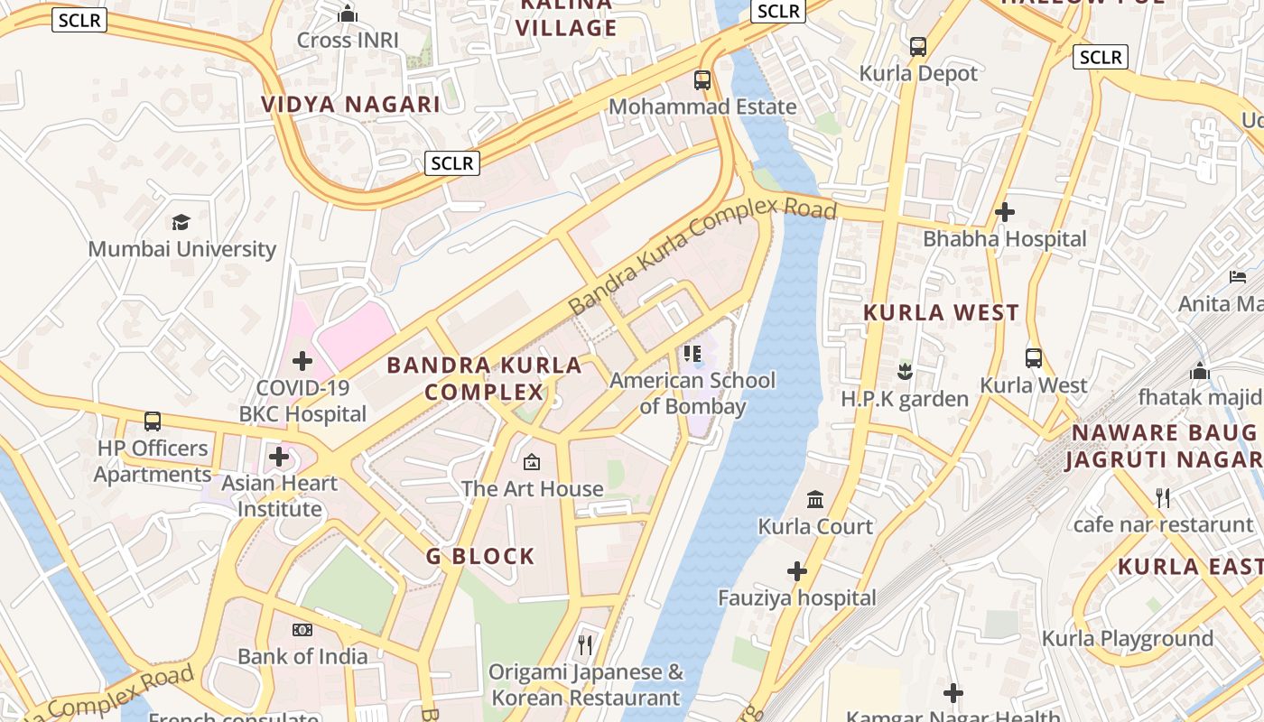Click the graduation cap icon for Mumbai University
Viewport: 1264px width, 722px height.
click(x=181, y=222)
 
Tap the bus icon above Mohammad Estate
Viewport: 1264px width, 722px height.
click(x=702, y=79)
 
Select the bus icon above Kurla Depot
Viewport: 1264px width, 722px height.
click(x=918, y=47)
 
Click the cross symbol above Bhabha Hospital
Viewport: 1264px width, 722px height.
click(x=1004, y=212)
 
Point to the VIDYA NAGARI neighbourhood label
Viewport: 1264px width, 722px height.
click(x=350, y=104)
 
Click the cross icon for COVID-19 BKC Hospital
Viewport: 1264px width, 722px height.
click(x=302, y=362)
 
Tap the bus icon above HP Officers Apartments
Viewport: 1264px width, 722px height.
click(x=153, y=421)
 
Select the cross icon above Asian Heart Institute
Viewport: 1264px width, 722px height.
click(x=279, y=457)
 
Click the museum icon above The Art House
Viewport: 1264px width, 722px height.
click(x=532, y=462)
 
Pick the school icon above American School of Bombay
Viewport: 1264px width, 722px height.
click(x=692, y=353)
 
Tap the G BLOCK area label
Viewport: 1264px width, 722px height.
click(x=480, y=556)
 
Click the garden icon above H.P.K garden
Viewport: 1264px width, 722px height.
click(x=904, y=371)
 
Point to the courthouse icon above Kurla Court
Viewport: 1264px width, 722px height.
click(x=815, y=499)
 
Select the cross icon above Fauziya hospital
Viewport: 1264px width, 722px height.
click(x=796, y=571)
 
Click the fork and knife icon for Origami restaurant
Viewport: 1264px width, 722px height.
click(x=585, y=644)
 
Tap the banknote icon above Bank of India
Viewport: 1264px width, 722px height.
click(x=302, y=630)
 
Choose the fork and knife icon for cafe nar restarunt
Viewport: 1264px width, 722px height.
click(x=1163, y=497)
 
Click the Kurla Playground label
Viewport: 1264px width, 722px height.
click(x=1127, y=639)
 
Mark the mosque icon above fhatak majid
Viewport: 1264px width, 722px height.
click(x=1200, y=370)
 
